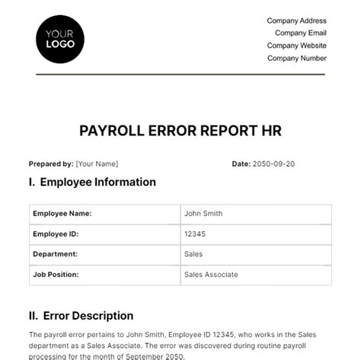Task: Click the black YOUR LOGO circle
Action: point(60,38)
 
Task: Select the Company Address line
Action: point(296,21)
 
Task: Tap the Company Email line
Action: point(301,33)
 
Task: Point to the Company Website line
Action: point(296,45)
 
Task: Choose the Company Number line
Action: point(296,57)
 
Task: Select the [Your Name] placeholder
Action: point(97,164)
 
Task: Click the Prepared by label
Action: point(51,164)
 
